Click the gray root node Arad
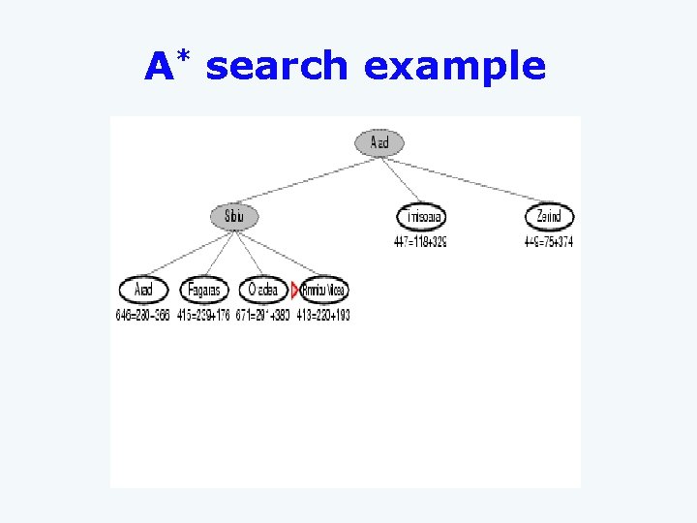[x=379, y=143]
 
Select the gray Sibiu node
[x=234, y=217]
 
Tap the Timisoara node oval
[x=420, y=217]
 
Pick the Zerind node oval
[x=549, y=217]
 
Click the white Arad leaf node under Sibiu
[x=143, y=290]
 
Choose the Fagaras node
[x=203, y=290]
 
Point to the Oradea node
[x=263, y=290]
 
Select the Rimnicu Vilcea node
[x=324, y=290]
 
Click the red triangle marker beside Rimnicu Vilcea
[x=295, y=290]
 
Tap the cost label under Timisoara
[x=420, y=242]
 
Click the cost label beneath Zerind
[x=549, y=242]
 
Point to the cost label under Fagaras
[x=203, y=316]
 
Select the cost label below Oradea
[x=263, y=316]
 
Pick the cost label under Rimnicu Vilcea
[x=324, y=316]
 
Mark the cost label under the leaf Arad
[x=143, y=316]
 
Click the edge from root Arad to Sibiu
[x=307, y=180]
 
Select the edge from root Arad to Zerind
[x=465, y=180]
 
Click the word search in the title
[x=277, y=67]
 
